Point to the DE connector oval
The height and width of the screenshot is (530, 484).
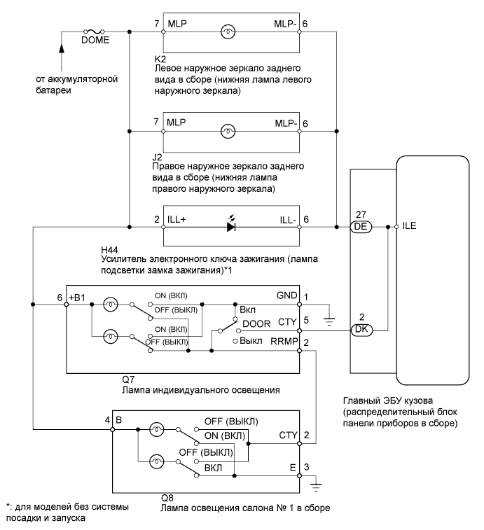point(363,228)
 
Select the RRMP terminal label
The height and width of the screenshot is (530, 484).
point(284,342)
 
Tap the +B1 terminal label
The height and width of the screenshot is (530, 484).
point(76,296)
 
